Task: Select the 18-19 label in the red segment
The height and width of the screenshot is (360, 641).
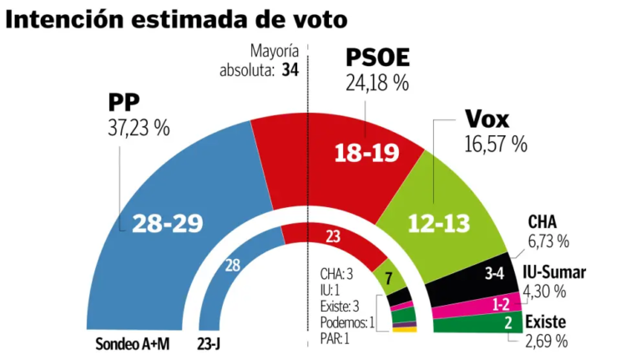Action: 366,154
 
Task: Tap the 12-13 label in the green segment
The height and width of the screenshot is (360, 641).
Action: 439,223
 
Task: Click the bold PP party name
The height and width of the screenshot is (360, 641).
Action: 123,102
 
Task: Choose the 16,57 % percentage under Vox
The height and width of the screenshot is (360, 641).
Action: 496,143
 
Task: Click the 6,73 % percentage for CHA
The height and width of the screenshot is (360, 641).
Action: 548,241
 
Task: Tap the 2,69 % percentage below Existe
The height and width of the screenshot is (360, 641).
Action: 546,341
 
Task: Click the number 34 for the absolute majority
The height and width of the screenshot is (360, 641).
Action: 290,71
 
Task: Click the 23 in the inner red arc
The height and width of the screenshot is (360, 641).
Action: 333,237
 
